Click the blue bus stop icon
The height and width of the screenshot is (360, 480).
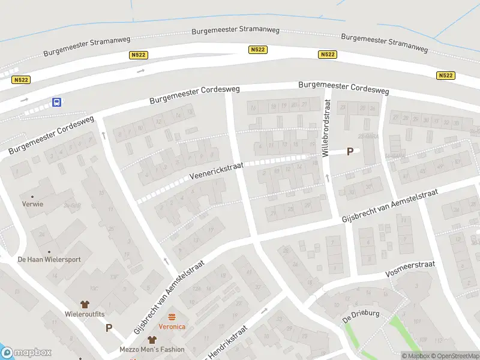pos(56,102)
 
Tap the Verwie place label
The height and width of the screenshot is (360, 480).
pos(32,204)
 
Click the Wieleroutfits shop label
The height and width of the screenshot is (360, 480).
pos(85,314)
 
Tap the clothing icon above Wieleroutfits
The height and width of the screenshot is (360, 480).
pos(85,304)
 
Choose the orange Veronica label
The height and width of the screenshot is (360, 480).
pos(172,326)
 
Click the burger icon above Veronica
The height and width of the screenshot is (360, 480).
pos(172,317)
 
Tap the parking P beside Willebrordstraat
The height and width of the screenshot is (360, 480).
pos(350,152)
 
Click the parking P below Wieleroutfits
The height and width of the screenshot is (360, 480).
pos(109,328)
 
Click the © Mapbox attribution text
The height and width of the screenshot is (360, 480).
pos(414,356)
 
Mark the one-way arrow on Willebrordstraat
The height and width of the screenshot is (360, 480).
pos(328,178)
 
